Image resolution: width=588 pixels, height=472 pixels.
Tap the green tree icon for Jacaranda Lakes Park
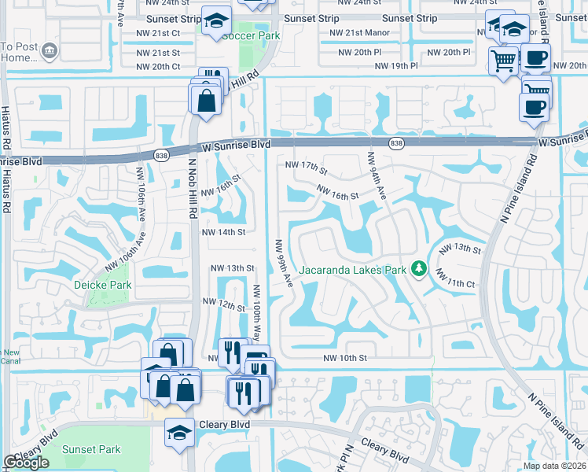421,270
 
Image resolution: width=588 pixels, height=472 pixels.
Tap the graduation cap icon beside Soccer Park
215,22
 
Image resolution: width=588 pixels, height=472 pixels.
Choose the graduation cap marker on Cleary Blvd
179,432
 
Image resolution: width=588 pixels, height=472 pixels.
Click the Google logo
26,463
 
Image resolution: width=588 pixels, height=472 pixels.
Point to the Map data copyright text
555,466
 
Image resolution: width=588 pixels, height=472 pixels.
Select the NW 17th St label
306,166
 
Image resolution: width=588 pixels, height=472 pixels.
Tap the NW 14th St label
224,232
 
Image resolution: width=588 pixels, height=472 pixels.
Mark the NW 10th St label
345,358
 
